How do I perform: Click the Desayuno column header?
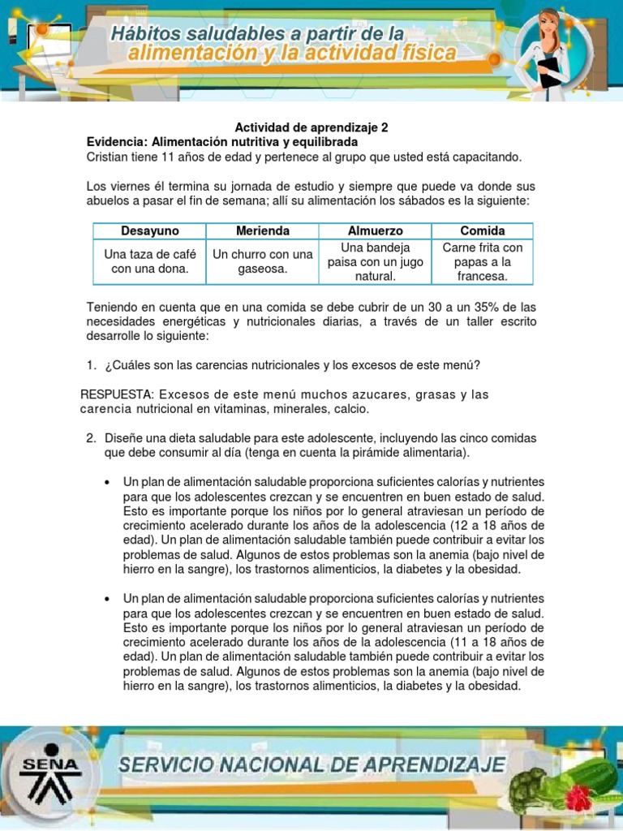[149, 230]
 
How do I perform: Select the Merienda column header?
[262, 230]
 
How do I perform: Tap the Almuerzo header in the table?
[375, 230]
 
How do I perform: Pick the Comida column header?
[482, 230]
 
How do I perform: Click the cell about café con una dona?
[149, 261]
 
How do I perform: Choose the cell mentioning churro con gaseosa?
[262, 261]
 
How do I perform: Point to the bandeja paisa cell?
[375, 261]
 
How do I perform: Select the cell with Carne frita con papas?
[482, 261]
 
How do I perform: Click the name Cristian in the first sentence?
[109, 156]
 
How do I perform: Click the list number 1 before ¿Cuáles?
[91, 364]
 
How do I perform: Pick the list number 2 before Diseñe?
[91, 438]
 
